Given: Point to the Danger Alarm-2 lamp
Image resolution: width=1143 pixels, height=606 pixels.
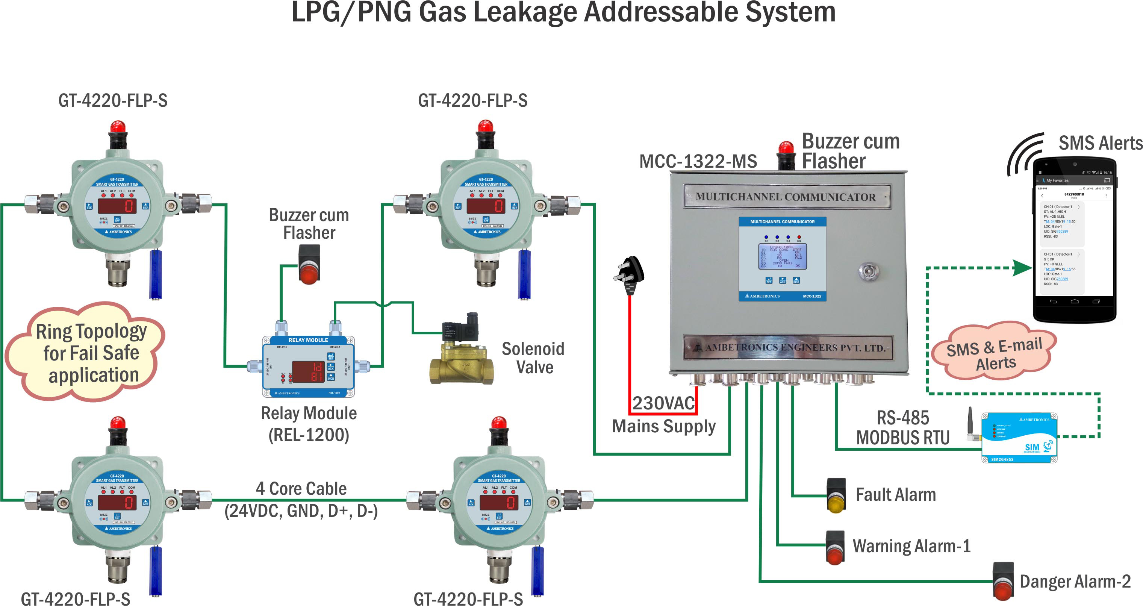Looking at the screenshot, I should (x=1003, y=582).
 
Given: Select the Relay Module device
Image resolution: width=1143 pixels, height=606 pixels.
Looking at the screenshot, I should (x=308, y=367).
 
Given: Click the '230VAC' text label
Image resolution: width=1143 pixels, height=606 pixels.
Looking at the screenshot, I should (x=663, y=403).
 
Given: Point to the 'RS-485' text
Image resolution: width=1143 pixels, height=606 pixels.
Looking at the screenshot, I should (x=902, y=418).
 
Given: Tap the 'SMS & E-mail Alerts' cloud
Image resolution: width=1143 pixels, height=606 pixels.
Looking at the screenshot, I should (x=994, y=351).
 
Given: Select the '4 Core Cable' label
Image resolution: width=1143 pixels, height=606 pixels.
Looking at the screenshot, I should (x=301, y=489).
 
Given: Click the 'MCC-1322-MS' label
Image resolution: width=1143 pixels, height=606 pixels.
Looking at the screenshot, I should (x=698, y=161).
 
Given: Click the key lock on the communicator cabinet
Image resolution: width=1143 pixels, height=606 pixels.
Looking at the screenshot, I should (x=868, y=271).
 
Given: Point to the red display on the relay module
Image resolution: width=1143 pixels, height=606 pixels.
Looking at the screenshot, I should (x=308, y=371).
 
